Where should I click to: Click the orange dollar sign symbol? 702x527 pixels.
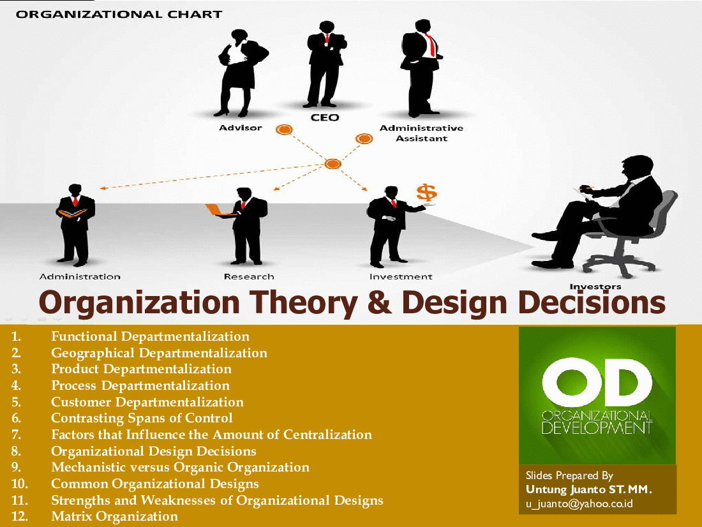[426, 192]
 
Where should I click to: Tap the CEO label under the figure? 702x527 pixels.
[325, 117]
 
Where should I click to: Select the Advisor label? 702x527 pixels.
[241, 128]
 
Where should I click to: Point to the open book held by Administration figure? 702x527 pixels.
[73, 213]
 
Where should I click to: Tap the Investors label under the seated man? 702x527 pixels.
[595, 286]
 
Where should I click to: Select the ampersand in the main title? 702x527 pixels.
[379, 302]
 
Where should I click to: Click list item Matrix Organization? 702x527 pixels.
[114, 516]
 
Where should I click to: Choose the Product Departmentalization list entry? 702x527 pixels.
[141, 369]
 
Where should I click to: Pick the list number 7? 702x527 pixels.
[16, 434]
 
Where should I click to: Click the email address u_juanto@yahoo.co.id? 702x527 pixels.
[579, 504]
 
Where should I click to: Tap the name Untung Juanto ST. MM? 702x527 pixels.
[588, 489]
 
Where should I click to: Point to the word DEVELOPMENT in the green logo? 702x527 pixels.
[597, 427]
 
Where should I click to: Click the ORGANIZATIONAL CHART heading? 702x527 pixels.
[119, 14]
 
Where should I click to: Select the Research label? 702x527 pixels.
[249, 277]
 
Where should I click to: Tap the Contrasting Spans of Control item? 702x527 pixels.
[142, 418]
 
